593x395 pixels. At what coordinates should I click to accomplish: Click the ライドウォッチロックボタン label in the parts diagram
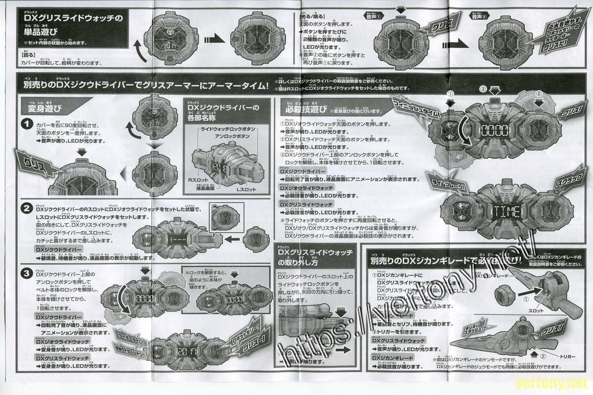point(228,128)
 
